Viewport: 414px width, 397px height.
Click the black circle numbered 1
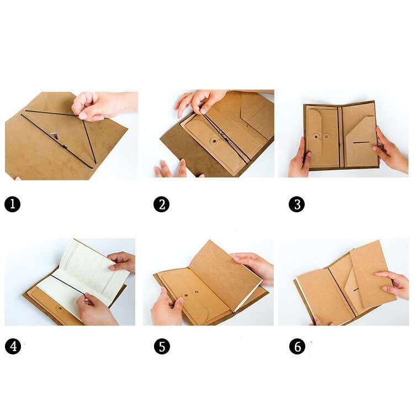click(x=13, y=205)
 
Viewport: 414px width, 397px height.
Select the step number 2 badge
click(x=161, y=205)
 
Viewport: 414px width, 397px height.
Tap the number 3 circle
click(x=296, y=205)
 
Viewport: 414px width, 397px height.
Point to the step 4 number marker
click(x=13, y=347)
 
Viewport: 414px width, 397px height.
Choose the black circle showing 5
click(x=161, y=347)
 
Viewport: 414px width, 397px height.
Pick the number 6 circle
click(x=296, y=347)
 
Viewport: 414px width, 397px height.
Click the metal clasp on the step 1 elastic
click(x=54, y=133)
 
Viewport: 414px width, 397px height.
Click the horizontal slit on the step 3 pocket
click(x=362, y=142)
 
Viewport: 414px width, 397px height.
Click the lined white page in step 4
click(x=83, y=271)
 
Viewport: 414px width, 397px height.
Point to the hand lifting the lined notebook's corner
click(x=123, y=262)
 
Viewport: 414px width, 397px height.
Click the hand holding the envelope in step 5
click(x=166, y=307)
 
